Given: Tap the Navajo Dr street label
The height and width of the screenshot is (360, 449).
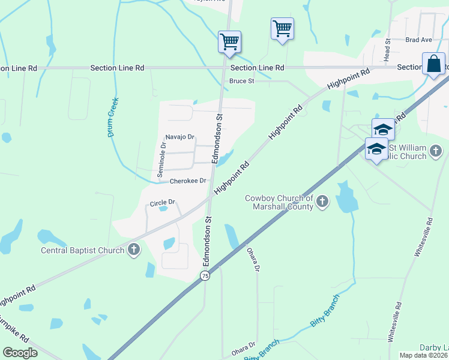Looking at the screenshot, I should tap(180, 137).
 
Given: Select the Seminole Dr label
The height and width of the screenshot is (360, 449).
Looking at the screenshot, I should tap(161, 159).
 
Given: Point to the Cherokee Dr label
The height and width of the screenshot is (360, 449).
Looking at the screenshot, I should tap(188, 181).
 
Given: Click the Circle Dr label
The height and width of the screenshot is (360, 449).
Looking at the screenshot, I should tap(162, 203).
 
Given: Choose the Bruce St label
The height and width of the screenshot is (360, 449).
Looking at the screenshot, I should tap(242, 81).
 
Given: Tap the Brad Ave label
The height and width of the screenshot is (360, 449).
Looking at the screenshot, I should tap(418, 40).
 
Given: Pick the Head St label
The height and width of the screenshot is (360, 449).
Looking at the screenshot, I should tap(388, 50).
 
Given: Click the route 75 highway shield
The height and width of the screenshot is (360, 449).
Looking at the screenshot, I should tap(205, 275).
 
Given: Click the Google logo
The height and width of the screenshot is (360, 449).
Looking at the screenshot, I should tap(20, 353).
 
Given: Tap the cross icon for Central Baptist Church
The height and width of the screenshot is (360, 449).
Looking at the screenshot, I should tap(133, 250).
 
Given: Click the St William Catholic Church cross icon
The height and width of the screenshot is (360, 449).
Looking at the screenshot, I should tap(436, 151).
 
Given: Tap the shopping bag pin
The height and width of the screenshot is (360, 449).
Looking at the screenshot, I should tap(433, 64).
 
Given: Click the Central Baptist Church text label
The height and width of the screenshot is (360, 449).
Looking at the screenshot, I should tap(82, 250).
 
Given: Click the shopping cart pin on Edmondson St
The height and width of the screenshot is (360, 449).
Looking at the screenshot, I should tap(229, 42).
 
